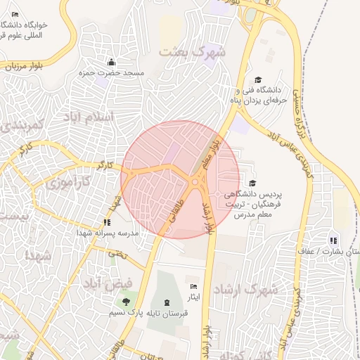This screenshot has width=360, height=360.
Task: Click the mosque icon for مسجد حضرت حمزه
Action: pyautogui.click(x=110, y=62)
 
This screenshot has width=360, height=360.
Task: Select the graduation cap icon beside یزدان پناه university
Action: pyautogui.click(x=257, y=80)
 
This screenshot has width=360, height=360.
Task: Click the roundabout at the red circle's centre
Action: pyautogui.click(x=195, y=182)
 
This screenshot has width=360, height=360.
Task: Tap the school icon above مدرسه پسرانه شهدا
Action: pyautogui.click(x=108, y=221)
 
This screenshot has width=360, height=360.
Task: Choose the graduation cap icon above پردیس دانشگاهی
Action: pyautogui.click(x=252, y=184)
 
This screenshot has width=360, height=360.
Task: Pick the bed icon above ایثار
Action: pyautogui.click(x=193, y=286)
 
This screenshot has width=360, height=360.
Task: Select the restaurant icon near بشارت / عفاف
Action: pyautogui.click(x=333, y=240)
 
